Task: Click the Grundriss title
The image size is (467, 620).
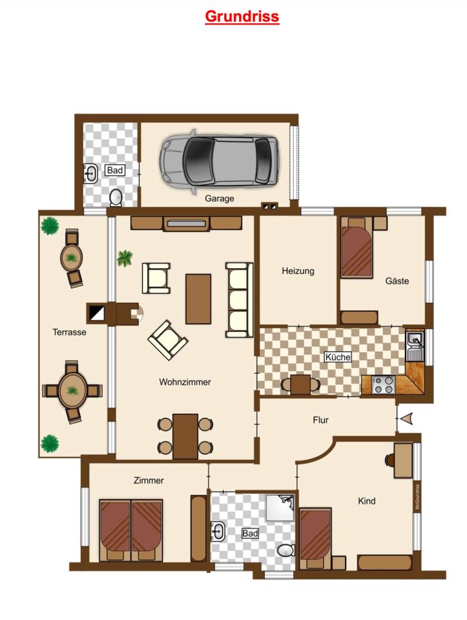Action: (242, 17)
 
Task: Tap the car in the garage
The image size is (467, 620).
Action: (219, 161)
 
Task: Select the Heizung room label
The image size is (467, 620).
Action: (298, 271)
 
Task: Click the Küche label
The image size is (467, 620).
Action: (338, 357)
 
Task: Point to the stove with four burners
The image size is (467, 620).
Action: (383, 385)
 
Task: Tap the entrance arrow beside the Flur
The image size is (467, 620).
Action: (407, 418)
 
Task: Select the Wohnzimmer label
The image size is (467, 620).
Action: (185, 382)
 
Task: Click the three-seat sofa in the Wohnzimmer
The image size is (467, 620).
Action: (239, 300)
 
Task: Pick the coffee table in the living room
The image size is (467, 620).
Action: (198, 298)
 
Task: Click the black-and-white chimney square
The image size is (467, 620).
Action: (96, 314)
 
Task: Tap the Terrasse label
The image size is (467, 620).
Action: (70, 332)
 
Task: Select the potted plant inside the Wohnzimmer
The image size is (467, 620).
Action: (125, 258)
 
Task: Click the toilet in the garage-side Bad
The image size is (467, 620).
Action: (116, 198)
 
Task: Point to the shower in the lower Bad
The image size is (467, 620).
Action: (280, 508)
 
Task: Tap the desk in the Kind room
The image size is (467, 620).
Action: (403, 460)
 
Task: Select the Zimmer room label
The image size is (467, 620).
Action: (149, 480)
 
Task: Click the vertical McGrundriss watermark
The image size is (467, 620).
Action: (417, 497)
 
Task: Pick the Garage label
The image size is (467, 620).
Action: (220, 198)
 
